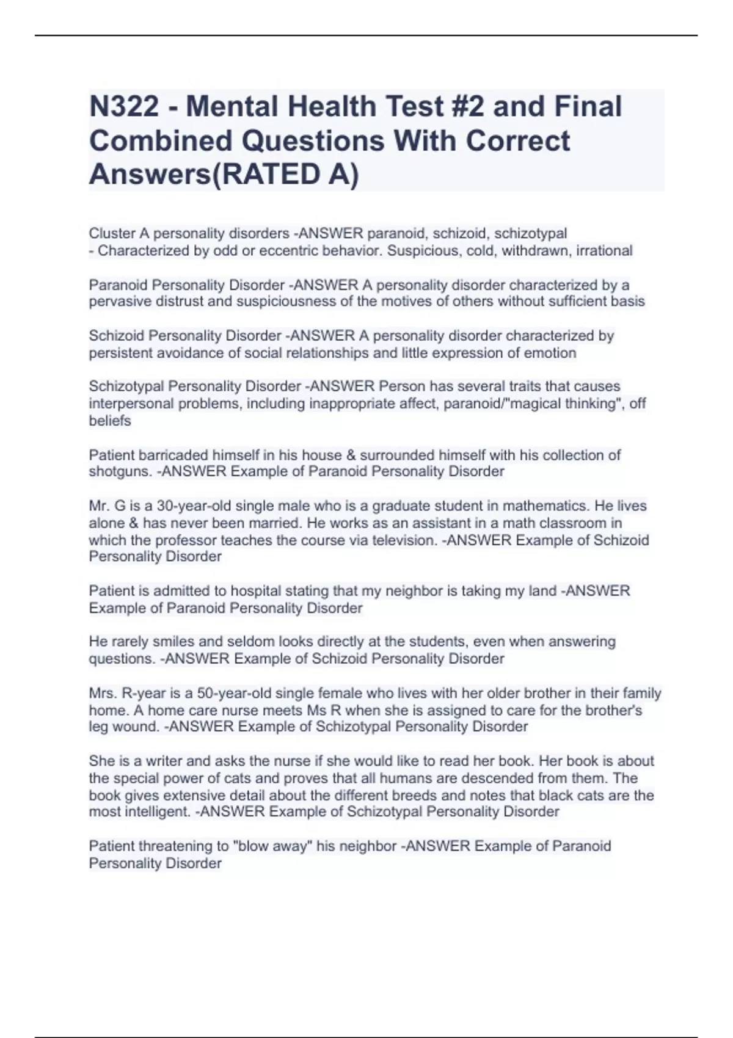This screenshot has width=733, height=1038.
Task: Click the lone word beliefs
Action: click(x=110, y=421)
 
